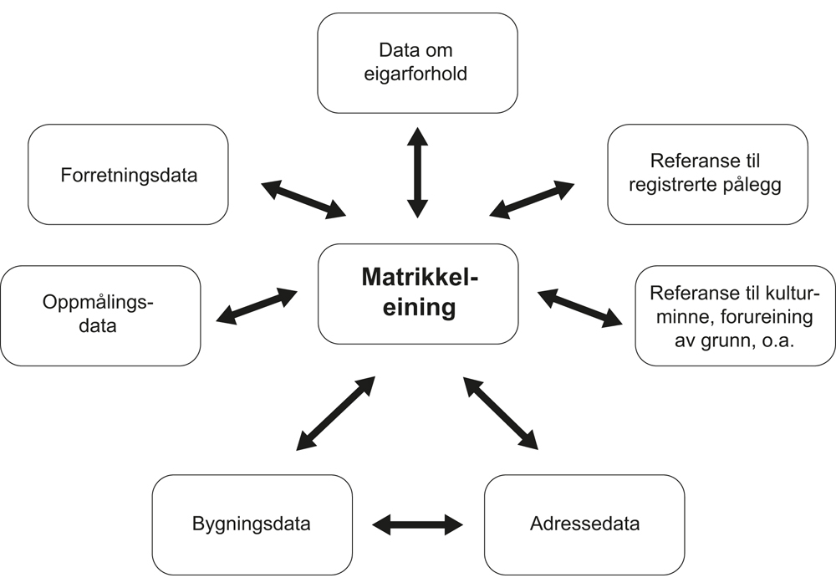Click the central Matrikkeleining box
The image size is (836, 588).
(417, 294)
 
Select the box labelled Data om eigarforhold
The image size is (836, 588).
(417, 63)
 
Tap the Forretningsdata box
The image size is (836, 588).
(128, 175)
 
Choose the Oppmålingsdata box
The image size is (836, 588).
(100, 314)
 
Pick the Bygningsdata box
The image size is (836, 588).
(252, 524)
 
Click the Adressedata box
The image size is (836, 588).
(584, 524)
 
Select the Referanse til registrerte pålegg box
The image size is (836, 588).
(707, 174)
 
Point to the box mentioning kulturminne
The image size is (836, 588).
(735, 315)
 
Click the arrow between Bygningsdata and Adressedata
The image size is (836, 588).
(417, 524)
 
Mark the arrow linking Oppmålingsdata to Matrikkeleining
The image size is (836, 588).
(257, 307)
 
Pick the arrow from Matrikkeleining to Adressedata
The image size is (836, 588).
(500, 413)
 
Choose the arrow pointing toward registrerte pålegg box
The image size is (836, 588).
(532, 199)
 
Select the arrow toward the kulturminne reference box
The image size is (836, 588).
(579, 307)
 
